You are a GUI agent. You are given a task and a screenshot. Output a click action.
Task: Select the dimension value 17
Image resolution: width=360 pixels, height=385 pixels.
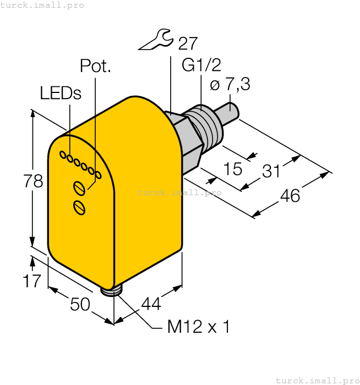click(x=32, y=281)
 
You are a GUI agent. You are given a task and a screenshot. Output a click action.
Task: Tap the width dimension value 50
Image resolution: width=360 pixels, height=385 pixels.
click(x=80, y=304)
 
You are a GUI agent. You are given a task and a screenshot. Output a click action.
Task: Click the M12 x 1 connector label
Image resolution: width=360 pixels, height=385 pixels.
click(x=198, y=327)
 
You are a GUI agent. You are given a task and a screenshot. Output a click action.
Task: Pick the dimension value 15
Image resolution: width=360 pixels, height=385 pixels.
click(x=233, y=169)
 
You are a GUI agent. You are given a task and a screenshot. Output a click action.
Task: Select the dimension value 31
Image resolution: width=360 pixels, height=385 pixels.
click(x=271, y=171)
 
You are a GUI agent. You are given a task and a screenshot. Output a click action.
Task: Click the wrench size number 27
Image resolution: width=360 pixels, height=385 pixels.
click(x=188, y=43)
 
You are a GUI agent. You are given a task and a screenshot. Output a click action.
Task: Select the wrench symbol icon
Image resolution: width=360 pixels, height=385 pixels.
click(x=156, y=41)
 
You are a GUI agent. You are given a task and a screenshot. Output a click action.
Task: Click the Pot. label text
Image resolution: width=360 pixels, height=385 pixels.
click(x=95, y=66)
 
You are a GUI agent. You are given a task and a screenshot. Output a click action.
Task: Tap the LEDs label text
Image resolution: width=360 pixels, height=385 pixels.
click(x=61, y=94)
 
